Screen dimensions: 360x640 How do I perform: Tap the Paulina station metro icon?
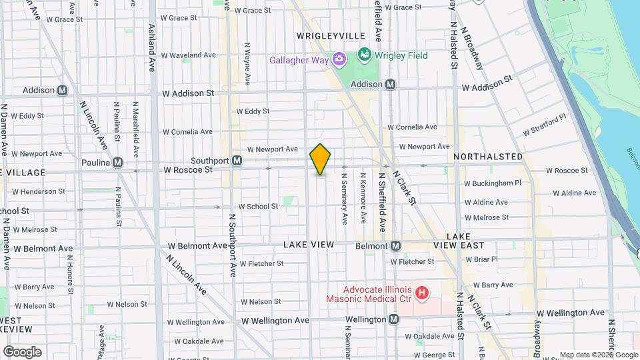pos(118,162)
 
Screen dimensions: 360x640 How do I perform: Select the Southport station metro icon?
pos(237,161)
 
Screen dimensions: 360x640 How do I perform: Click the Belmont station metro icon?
pos(396,246)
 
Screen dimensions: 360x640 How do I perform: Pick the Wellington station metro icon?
pos(394,319)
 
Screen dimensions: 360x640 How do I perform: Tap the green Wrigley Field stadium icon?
pos(365,54)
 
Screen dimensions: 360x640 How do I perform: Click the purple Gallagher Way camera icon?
pos(339,60)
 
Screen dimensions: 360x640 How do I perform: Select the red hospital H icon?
pos(421,292)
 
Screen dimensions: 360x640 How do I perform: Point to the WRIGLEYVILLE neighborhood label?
pos(331,35)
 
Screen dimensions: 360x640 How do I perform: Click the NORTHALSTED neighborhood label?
pos(488,156)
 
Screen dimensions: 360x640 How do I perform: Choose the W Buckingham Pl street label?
pos(492,183)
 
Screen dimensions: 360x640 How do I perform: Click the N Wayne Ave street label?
pos(247,64)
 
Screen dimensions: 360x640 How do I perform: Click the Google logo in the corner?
pos(22,351)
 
